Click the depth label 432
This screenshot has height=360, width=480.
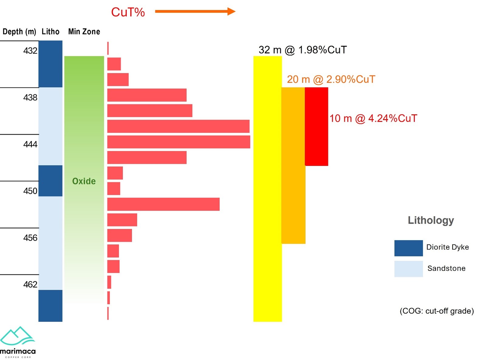tap(30, 50)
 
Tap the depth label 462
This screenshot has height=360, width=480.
tap(30, 284)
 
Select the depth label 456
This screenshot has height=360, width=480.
tap(30, 238)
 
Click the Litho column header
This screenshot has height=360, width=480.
tap(50, 32)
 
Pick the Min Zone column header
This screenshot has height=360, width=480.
tap(84, 32)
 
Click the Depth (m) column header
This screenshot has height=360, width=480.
tap(19, 32)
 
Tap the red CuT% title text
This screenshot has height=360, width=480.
tap(128, 12)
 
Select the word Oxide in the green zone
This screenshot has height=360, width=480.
tap(84, 181)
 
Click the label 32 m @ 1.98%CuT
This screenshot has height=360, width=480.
tap(302, 50)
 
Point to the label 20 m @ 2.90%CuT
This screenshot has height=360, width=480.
tap(331, 79)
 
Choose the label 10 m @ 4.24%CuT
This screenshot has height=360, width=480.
tap(373, 118)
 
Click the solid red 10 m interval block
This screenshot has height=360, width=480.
tap(316, 126)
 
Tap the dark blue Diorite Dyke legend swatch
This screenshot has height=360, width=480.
tap(408, 248)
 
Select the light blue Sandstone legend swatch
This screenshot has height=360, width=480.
tap(408, 269)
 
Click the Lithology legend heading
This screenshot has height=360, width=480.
tap(431, 220)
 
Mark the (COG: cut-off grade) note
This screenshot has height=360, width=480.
tap(437, 311)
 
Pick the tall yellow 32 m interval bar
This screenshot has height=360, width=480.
tap(267, 188)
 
